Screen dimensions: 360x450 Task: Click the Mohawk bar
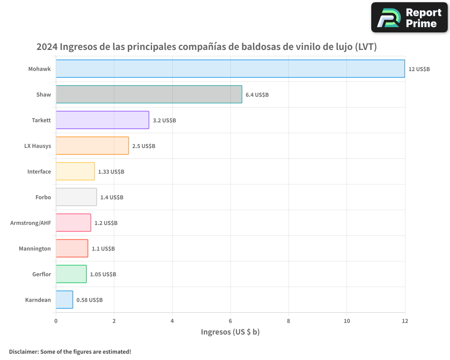pos(230,69)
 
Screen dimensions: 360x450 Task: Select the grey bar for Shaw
pos(149,94)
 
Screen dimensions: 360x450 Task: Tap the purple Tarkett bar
pos(102,120)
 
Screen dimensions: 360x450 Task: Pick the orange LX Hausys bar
pos(92,146)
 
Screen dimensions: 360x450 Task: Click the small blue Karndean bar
pos(64,300)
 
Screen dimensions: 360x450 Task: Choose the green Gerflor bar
pos(71,274)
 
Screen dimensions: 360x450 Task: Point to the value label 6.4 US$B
pos(257,95)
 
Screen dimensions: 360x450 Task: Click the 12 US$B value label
pos(419,69)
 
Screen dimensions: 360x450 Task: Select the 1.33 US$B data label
pos(111,172)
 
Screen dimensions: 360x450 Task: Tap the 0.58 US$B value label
pos(90,300)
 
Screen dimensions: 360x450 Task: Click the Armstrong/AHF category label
pos(31,223)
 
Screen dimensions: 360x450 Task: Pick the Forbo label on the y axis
pos(43,197)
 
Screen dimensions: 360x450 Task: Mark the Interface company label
pos(39,171)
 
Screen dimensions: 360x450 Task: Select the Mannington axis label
pos(35,248)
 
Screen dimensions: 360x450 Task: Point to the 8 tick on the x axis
pos(288,321)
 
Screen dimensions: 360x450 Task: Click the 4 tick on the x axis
pos(172,321)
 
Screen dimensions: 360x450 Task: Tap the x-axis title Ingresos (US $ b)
pos(230,332)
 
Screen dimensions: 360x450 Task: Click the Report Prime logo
pos(409,18)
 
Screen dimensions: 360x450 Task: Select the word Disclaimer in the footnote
pos(23,351)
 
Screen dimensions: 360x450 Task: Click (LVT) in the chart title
pos(366,47)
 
